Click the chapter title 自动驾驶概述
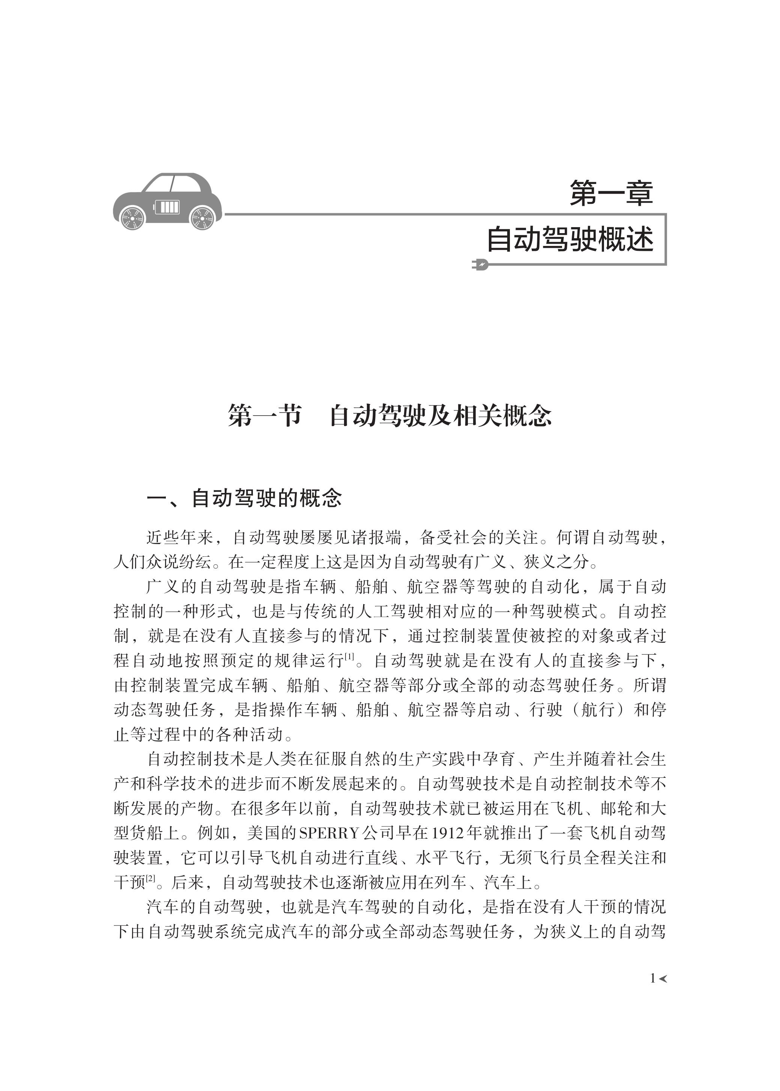click(570, 239)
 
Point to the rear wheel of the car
click(132, 218)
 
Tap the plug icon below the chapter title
click(480, 264)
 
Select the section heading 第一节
click(265, 415)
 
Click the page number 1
click(652, 978)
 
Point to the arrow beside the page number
click(663, 978)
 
